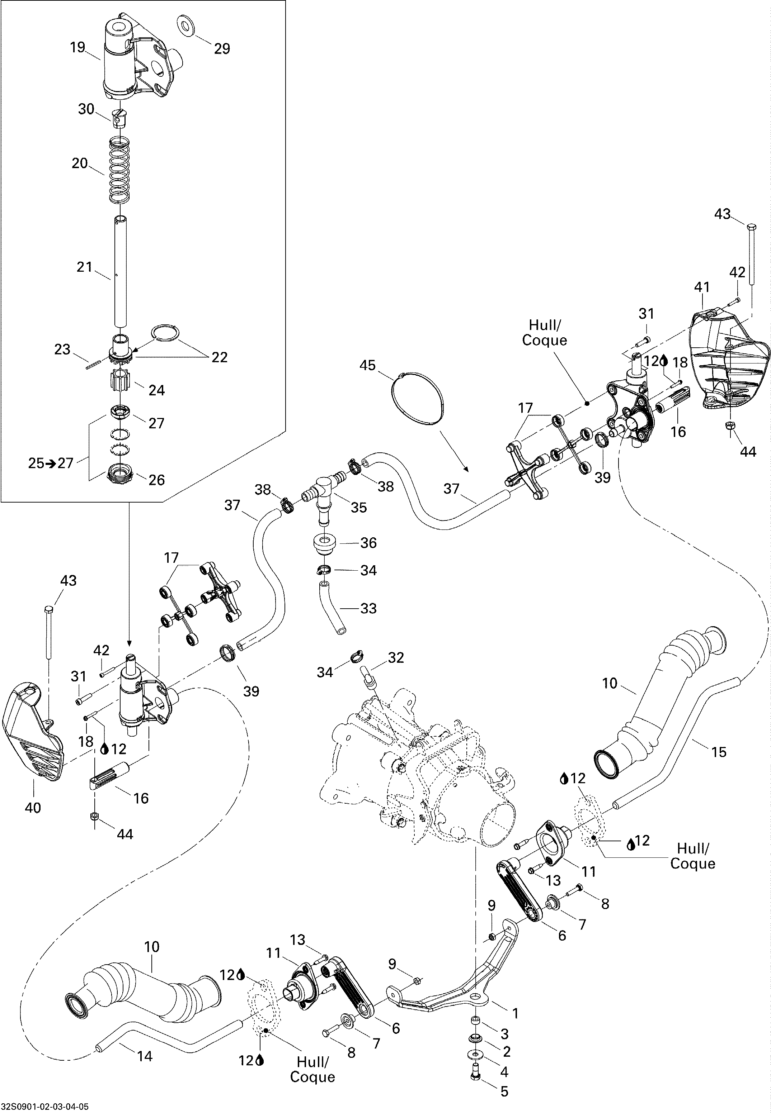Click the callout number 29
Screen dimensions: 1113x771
(222, 49)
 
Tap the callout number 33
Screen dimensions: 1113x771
(368, 608)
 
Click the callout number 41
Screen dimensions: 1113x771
(701, 287)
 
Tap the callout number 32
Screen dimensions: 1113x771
(396, 657)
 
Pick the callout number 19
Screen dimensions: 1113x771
(77, 47)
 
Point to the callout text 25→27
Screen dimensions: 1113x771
(51, 463)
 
